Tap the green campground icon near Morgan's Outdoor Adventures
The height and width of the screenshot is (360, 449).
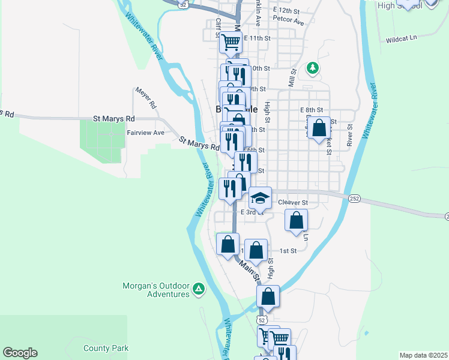pos(199,291)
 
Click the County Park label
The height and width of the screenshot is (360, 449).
pos(106,348)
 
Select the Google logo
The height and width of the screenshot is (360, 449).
pos(20,353)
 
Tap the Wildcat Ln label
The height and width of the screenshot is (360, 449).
pos(402,38)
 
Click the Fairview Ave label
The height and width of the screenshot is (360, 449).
pos(145,132)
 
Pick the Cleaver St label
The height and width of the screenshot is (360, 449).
pos(293,203)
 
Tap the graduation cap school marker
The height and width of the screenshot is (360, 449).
pos(260,197)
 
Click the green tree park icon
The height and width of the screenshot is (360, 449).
pos(312,68)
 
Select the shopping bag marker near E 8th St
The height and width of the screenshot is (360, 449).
pos(319,127)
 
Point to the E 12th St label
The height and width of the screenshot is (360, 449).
pos(286,11)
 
